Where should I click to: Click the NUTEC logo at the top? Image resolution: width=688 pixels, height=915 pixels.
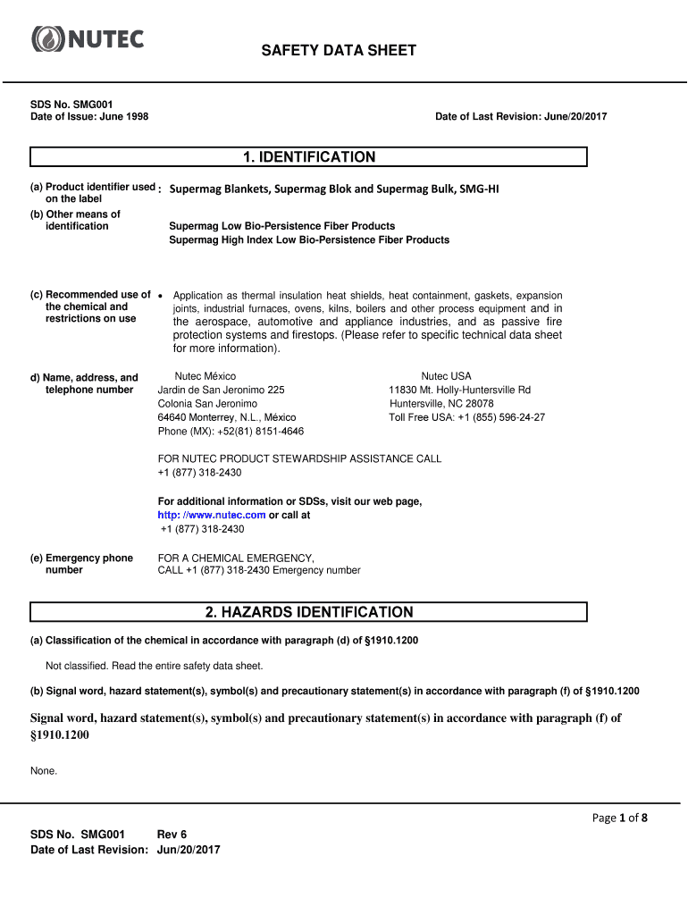point(88,39)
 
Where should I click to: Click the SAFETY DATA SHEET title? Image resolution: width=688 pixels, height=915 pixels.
point(338,51)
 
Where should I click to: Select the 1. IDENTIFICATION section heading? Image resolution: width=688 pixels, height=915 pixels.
point(308,157)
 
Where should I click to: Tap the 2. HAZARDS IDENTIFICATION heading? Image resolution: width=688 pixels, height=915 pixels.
point(308,612)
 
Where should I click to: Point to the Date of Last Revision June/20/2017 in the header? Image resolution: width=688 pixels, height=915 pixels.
point(521,117)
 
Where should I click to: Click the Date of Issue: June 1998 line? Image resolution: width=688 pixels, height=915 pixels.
point(89,117)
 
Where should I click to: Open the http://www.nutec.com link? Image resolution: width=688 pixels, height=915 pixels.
point(212,515)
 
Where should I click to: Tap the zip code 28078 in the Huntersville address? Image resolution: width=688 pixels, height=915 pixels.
point(480,404)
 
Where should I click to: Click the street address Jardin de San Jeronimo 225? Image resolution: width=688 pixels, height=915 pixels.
point(221,390)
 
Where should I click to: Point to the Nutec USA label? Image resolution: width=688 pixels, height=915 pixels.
point(446,376)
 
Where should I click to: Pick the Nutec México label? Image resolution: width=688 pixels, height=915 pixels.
point(206,376)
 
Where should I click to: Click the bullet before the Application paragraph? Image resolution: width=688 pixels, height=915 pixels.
point(159,295)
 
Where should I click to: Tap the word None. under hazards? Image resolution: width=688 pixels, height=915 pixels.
point(44,771)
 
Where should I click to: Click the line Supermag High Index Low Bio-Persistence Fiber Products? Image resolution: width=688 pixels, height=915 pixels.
point(309,240)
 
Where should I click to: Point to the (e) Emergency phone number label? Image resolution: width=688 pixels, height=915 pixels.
point(82,564)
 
